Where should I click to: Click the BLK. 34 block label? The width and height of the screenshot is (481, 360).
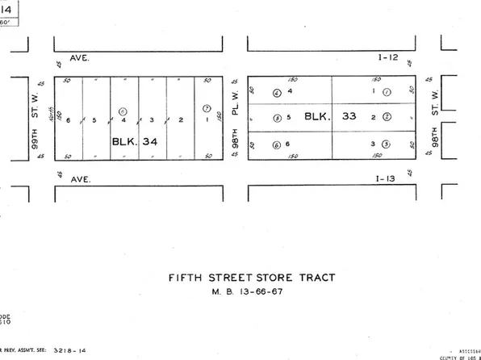click(134, 140)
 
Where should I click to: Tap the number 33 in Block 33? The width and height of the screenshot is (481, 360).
click(349, 115)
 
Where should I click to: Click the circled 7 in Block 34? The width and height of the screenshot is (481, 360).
click(207, 108)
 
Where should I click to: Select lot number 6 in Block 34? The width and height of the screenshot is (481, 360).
click(68, 120)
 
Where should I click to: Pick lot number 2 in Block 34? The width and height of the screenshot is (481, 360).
click(180, 120)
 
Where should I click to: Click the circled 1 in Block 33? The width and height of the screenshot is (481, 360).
click(387, 92)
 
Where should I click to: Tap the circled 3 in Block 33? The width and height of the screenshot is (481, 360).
click(386, 144)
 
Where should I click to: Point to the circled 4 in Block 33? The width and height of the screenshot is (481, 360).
click(277, 92)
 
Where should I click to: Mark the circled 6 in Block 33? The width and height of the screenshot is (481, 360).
click(277, 144)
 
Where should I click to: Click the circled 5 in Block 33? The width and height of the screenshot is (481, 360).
click(277, 118)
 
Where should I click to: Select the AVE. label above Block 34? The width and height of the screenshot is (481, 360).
click(78, 58)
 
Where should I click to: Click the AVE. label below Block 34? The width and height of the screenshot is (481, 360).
click(78, 178)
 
